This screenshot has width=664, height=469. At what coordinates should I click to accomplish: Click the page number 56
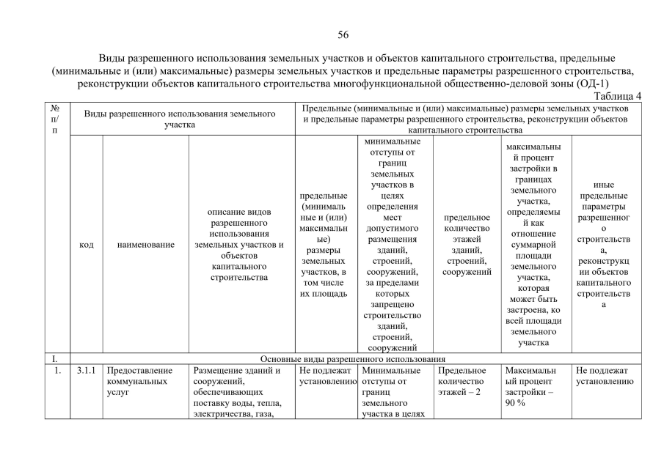coord(343,34)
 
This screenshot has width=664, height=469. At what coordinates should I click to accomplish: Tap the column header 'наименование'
coord(145,245)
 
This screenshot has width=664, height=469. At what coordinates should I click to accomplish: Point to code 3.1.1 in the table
coord(86,371)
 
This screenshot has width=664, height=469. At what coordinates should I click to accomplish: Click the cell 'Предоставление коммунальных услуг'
coord(135,382)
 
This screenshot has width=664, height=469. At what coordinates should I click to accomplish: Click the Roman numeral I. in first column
coord(54,359)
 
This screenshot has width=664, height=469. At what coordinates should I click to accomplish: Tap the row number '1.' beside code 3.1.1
coord(55,371)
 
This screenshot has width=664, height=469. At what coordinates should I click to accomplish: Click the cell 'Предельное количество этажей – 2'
coord(461,382)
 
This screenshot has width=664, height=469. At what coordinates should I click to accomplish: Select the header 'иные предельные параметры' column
coord(604,245)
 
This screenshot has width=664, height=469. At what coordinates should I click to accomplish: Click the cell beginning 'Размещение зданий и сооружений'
coord(239,393)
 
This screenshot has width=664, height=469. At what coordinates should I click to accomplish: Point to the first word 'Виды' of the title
coord(113,57)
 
